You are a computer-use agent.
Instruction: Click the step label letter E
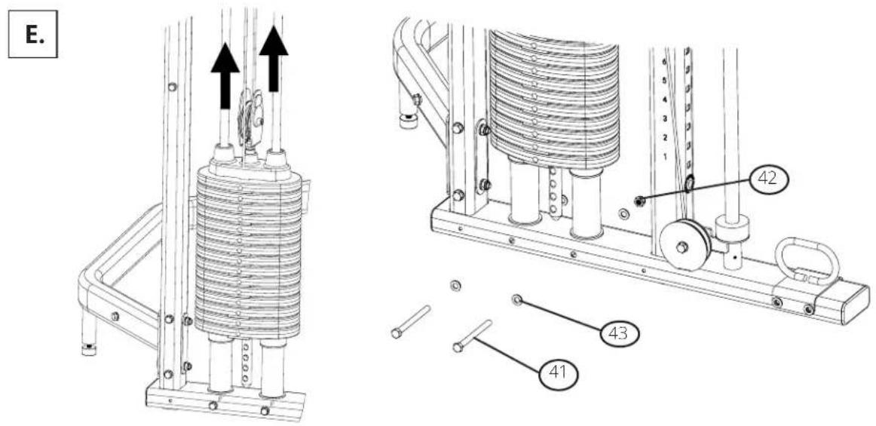[x=32, y=33]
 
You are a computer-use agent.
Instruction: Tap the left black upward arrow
[x=225, y=75]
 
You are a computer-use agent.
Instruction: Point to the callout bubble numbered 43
[x=620, y=334]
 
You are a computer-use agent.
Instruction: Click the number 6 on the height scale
[x=664, y=62]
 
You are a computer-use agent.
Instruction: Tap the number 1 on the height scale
[x=664, y=157]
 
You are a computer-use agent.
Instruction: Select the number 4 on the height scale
[x=664, y=100]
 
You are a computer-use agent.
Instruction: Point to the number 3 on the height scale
[x=664, y=119]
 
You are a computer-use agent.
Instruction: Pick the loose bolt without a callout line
[x=411, y=321]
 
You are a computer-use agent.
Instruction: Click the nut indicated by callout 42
[x=640, y=200]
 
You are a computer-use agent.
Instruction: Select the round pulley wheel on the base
[x=685, y=245]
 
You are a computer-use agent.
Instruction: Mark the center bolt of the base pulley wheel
[x=682, y=247]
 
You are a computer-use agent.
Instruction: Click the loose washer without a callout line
[x=455, y=287]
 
